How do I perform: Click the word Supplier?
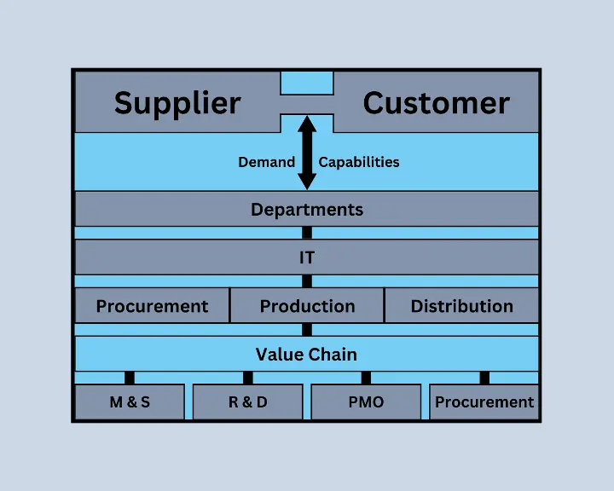[x=177, y=103]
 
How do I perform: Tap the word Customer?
[x=437, y=103]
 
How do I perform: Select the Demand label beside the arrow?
[x=266, y=162]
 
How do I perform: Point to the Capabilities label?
[x=359, y=162]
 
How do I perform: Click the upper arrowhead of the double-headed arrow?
[x=307, y=124]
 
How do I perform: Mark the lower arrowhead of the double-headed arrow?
[x=307, y=182]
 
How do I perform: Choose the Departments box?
[x=307, y=209]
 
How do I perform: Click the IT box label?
[x=307, y=257]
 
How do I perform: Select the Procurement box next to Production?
[x=152, y=305]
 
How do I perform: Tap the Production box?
[x=307, y=305]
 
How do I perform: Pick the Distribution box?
[x=461, y=305]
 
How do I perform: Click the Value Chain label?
[x=306, y=355]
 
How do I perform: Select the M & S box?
[x=130, y=401]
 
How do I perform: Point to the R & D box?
[x=248, y=401]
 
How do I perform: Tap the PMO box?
[x=366, y=401]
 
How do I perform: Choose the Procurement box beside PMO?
[x=484, y=401]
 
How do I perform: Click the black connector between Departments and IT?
[x=307, y=233]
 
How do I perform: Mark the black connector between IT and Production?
[x=307, y=281]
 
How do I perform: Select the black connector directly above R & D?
[x=248, y=378]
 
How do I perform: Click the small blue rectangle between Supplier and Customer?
[x=307, y=83]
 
